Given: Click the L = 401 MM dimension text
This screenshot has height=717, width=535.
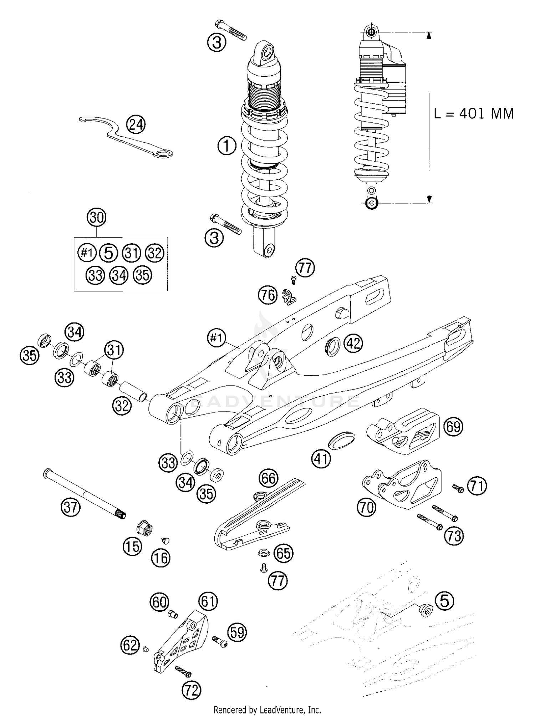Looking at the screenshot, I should [474, 114].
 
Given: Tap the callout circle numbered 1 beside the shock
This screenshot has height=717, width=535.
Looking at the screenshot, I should [227, 146].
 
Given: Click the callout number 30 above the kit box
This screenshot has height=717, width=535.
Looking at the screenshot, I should [97, 217].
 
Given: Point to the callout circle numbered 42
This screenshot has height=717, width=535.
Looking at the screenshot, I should [353, 344].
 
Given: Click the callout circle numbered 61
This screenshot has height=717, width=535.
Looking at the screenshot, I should [208, 601].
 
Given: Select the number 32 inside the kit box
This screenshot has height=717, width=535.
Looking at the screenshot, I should [155, 253].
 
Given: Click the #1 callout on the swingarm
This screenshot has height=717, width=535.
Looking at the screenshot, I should [216, 337].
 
